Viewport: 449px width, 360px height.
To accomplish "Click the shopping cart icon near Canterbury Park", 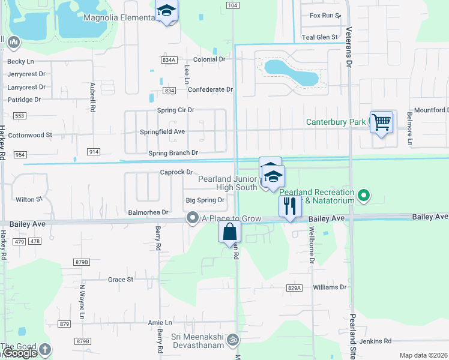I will (x=381, y=122).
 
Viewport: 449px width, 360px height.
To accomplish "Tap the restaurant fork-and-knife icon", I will (x=290, y=206).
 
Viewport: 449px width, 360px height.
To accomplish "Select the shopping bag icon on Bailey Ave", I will (x=230, y=232).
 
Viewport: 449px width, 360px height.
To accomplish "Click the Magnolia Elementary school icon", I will (x=166, y=11).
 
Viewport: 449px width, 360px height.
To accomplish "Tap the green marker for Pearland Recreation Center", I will (x=363, y=196).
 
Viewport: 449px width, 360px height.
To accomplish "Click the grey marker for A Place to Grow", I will (x=193, y=218).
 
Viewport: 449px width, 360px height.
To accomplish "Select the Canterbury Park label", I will (x=336, y=122).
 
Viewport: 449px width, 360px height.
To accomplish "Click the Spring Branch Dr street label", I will (x=173, y=153).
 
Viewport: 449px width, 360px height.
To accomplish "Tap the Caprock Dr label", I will (x=175, y=172).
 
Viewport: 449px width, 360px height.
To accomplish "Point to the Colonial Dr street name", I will (x=209, y=59).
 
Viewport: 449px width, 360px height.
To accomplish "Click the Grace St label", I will (x=120, y=280).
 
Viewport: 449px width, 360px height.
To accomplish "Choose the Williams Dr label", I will (x=330, y=287).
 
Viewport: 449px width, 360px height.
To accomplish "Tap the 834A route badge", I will (x=169, y=60).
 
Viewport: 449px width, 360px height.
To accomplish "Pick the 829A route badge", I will (x=294, y=288).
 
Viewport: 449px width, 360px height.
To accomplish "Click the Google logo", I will (x=19, y=353).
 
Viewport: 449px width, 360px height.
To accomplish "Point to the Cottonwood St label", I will (x=30, y=136).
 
